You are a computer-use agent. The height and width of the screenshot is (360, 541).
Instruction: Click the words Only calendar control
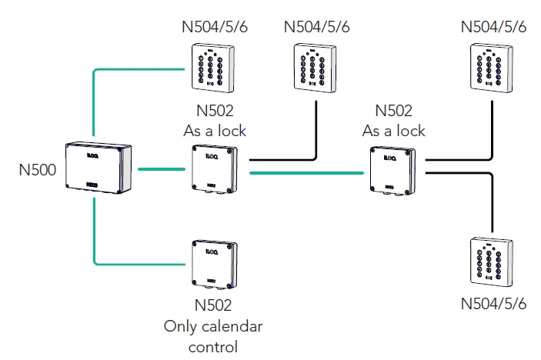[213, 336]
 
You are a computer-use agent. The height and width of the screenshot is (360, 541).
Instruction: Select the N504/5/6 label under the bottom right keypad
[493, 303]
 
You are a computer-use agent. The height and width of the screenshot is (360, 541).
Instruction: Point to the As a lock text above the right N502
[393, 131]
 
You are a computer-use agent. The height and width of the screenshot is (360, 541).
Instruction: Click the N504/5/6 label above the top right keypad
[493, 27]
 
